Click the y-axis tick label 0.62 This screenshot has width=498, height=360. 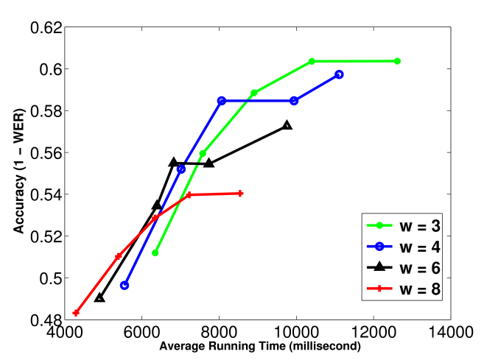click(x=44, y=28)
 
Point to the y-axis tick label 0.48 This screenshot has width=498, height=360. click(x=44, y=320)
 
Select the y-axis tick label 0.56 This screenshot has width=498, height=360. click(x=44, y=153)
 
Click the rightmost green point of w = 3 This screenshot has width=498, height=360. click(x=397, y=61)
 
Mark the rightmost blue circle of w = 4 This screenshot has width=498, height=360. click(x=339, y=74)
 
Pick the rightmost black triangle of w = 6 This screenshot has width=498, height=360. click(x=287, y=126)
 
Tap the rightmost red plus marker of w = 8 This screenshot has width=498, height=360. click(x=240, y=194)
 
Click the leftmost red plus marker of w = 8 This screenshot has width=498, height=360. click(x=76, y=313)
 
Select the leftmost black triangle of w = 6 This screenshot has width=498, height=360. click(x=99, y=298)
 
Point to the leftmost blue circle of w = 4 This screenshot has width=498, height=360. click(x=124, y=285)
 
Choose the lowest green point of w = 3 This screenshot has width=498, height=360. click(x=155, y=253)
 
